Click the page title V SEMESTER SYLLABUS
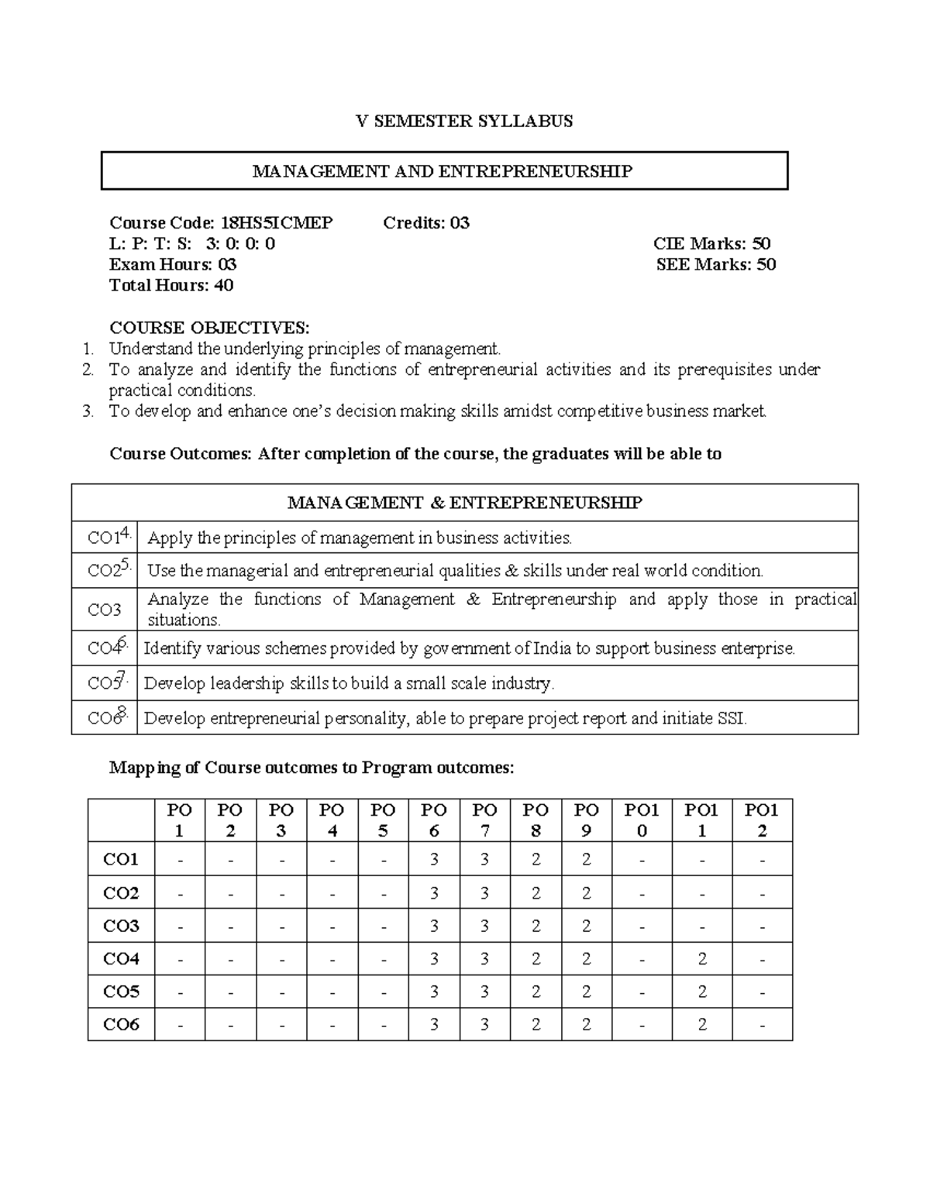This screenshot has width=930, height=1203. click(x=463, y=121)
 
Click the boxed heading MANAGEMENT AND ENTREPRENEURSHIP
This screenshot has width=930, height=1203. click(x=443, y=171)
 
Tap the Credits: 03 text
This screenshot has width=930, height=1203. click(x=426, y=223)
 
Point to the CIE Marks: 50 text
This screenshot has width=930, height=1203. click(x=711, y=244)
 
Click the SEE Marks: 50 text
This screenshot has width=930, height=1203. click(x=715, y=265)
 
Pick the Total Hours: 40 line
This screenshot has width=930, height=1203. click(x=171, y=286)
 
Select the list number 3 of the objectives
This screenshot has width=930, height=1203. click(x=88, y=411)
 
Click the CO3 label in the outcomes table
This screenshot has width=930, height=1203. click(x=104, y=610)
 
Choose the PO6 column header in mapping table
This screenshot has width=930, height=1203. click(x=434, y=820)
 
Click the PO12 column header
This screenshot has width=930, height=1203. click(x=761, y=820)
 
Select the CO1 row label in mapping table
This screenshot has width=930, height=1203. click(x=121, y=859)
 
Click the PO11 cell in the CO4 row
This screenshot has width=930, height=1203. click(x=701, y=959)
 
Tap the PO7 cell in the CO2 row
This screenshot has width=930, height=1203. click(x=484, y=893)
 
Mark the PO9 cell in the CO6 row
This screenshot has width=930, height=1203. click(x=586, y=1025)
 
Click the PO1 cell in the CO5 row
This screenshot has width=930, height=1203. click(x=180, y=992)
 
